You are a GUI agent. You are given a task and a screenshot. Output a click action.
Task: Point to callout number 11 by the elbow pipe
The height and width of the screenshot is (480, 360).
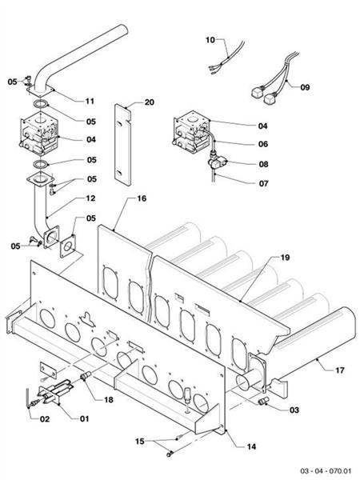(x=90, y=102)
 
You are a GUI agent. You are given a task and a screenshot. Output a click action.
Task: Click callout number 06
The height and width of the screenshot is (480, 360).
(x=263, y=144)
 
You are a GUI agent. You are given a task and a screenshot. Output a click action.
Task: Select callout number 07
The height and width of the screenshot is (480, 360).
(x=263, y=183)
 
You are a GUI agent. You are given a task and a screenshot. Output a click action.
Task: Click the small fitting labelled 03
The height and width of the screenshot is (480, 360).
(x=262, y=398)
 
